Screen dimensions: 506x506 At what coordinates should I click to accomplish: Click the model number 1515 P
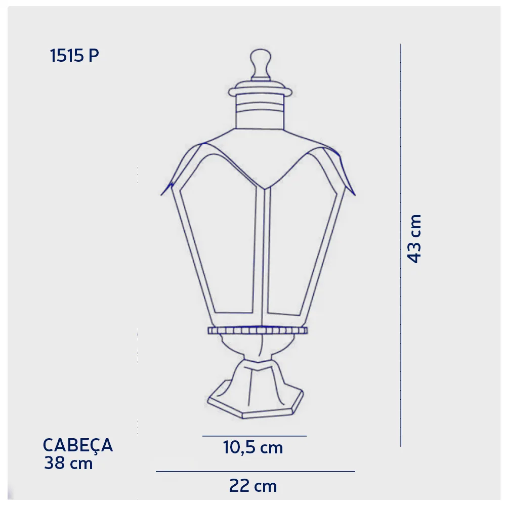coord(74,56)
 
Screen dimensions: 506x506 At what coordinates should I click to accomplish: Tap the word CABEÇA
coord(78,446)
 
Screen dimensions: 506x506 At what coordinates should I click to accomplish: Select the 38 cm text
coord(68,463)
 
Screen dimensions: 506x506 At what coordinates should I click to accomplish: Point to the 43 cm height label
coord(415,239)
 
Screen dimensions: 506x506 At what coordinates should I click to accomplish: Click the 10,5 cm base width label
coord(253,448)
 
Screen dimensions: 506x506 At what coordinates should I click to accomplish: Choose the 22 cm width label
coord(253,486)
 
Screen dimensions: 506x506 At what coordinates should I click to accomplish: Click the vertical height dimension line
coord(401,245)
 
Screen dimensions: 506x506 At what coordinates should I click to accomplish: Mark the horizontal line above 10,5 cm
coord(255,436)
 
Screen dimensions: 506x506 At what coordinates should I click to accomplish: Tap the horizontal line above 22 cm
coord(255,472)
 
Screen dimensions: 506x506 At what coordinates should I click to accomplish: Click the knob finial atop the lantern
coord(261,64)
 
